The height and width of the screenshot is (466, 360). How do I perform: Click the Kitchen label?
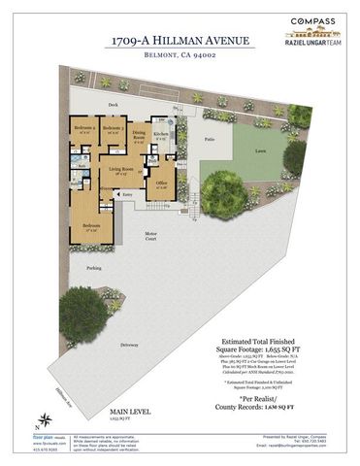(x=161, y=135)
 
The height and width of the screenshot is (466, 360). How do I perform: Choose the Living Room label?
(x=121, y=172)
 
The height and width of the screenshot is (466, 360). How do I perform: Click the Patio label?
(x=210, y=140)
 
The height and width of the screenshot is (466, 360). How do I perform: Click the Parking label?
(x=93, y=267)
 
